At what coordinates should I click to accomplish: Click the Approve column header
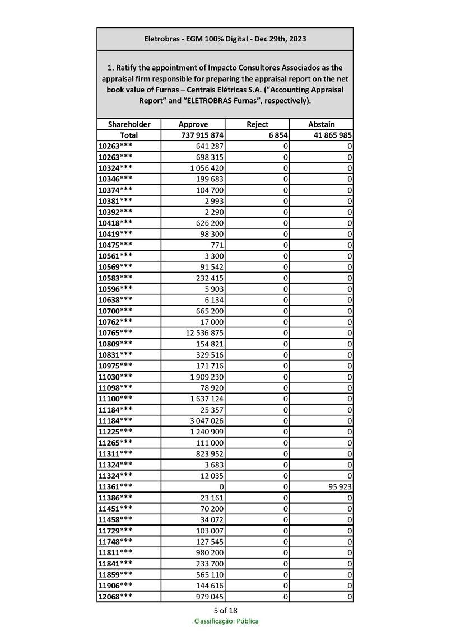point(193,124)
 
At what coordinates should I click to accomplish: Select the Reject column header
point(257,124)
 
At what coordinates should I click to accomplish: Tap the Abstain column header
point(321,124)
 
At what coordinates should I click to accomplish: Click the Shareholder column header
point(129,124)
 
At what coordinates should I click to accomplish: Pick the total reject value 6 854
point(278,135)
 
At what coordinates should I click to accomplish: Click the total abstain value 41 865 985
point(330,135)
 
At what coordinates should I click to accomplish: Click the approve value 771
point(216,245)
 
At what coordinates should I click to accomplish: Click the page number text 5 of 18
point(225,610)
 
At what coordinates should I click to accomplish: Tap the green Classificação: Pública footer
point(226,621)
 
